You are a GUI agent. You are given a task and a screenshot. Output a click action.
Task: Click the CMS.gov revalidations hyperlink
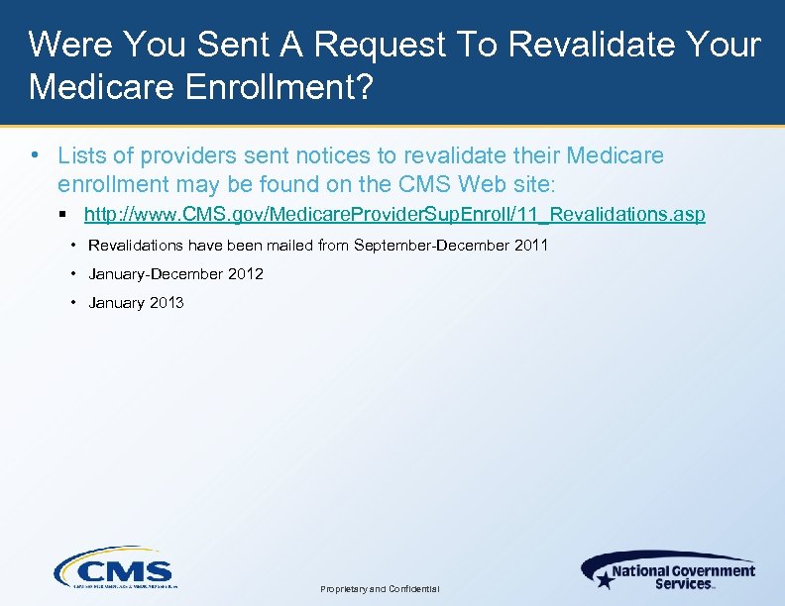394,214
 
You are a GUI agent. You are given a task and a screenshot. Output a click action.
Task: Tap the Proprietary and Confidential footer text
380,588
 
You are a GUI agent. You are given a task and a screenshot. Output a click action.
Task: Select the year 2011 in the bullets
530,245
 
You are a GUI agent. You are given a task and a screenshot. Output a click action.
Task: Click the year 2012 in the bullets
246,273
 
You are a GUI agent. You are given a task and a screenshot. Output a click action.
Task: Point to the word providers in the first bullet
184,155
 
